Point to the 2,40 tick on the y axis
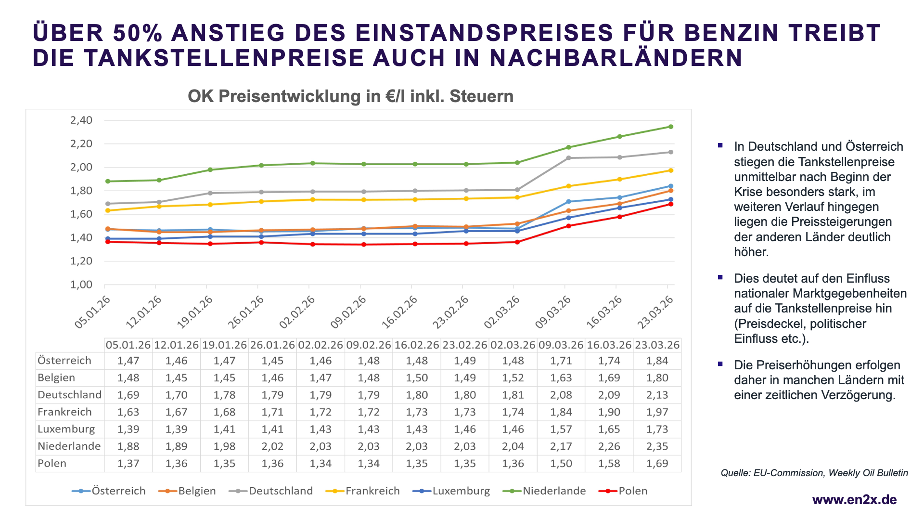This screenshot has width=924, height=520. [81, 120]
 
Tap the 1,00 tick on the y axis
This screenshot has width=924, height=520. [81, 285]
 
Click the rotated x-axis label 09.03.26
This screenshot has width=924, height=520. [553, 312]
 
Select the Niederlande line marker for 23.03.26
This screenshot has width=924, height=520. [671, 127]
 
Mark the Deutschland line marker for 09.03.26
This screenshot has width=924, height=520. [568, 158]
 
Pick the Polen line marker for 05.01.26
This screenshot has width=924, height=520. [108, 242]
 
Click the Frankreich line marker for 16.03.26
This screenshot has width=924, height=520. [620, 179]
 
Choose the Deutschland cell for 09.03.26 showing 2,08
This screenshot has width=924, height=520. [561, 395]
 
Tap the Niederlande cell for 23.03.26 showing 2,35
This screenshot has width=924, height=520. [657, 446]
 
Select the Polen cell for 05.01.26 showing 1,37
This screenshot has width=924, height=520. [128, 464]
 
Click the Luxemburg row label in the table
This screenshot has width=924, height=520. [66, 429]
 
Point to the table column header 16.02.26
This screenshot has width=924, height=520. [417, 345]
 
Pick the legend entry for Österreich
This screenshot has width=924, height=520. [118, 491]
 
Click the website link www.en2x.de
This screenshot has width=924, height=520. [854, 500]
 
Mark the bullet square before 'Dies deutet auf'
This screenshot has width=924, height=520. [720, 277]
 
